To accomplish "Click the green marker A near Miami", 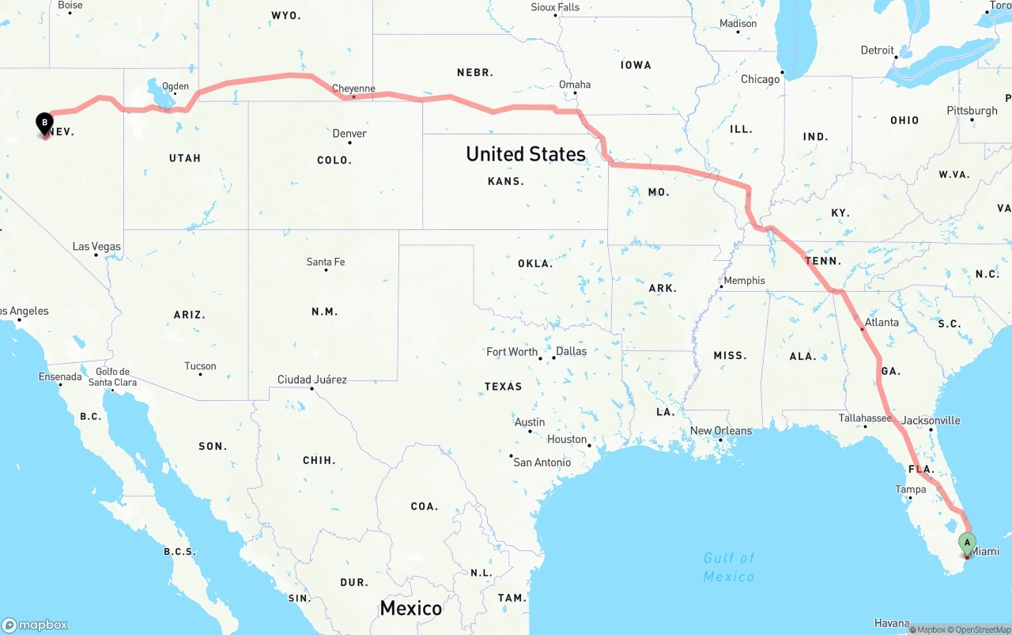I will point(967,543).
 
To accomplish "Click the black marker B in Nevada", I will point(45,123).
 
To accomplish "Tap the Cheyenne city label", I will point(353,89).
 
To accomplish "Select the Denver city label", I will point(349,133).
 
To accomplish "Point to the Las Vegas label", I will point(96,246).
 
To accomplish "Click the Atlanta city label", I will point(881,322).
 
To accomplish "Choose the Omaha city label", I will point(575,85).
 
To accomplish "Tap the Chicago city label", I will point(760,79).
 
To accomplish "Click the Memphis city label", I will point(744,280).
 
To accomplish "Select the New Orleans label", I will point(721,431).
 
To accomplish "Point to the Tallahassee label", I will point(866,418).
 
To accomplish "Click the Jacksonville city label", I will point(931,420).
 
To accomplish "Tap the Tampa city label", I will point(910,489).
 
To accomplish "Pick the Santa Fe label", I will point(326,262).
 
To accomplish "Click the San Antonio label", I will point(542,462).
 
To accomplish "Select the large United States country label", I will point(526,153).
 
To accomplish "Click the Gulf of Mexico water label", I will point(729,567).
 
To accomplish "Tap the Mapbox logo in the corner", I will point(35,625).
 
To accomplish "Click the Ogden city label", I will point(176,86).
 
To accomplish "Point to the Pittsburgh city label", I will point(972,110).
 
